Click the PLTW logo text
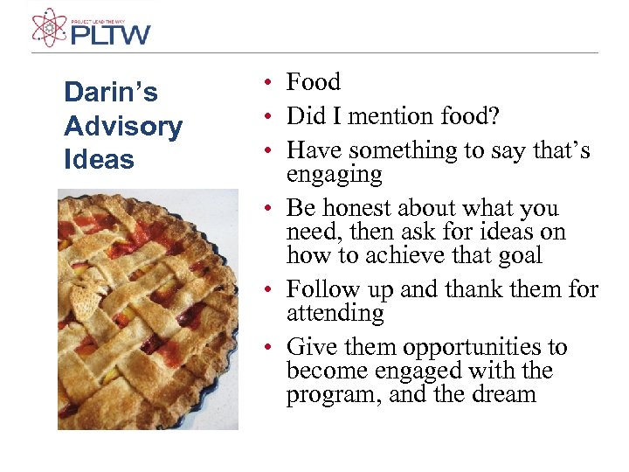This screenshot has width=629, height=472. point(110,35)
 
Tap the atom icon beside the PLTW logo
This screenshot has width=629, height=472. point(49,26)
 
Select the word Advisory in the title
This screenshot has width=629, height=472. point(123,126)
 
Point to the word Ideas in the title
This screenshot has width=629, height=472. point(99,159)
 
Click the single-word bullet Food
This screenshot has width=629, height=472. point(313,82)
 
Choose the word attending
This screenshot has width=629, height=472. point(335,313)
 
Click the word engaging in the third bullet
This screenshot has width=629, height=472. point(334,175)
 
